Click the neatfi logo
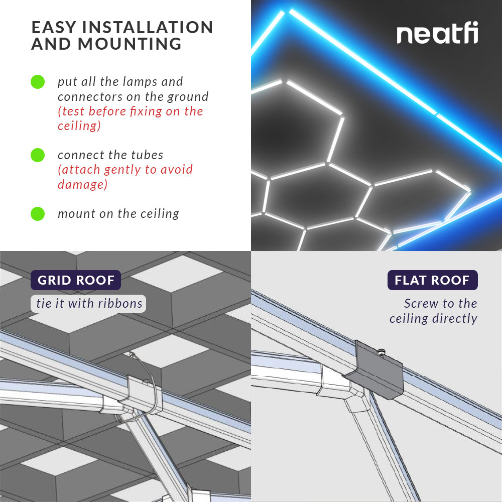coord(437,34)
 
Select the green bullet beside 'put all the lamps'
coord(38,82)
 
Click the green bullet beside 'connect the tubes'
coord(38,155)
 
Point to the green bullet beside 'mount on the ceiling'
coord(38,214)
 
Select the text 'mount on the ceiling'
coord(118,214)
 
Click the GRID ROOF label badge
coord(76,280)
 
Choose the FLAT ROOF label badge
coord(432,280)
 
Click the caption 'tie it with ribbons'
coord(89,304)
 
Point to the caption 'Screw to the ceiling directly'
coord(434,311)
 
